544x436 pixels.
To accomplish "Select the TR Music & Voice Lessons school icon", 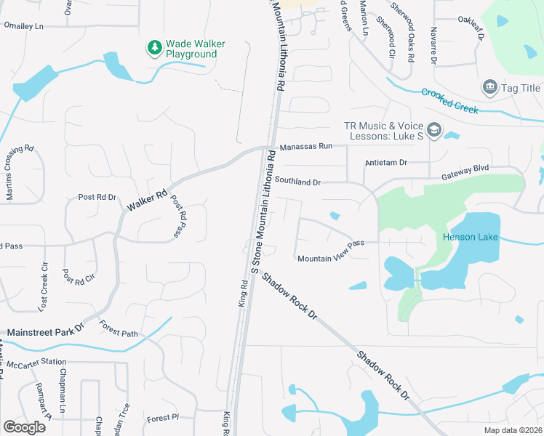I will (x=434, y=130).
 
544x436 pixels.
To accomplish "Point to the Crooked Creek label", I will (x=449, y=100).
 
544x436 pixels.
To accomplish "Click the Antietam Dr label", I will (x=386, y=163).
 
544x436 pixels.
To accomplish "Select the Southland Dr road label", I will (x=297, y=179).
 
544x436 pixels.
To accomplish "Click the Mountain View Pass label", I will (x=330, y=252).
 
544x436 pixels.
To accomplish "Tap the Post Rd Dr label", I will (x=97, y=197).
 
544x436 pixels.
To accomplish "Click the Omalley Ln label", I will (x=24, y=25).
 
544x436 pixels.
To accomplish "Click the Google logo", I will (x=24, y=427).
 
